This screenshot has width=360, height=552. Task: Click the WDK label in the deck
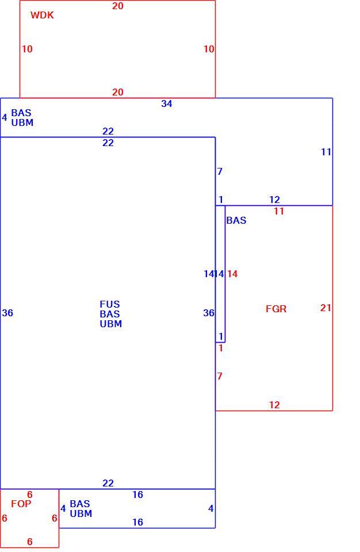[42, 15]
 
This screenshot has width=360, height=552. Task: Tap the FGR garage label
[276, 309]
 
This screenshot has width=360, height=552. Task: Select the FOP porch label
[21, 504]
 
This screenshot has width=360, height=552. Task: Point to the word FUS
[109, 304]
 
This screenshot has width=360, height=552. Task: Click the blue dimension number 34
[167, 103]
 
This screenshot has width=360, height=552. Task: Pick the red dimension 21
[326, 308]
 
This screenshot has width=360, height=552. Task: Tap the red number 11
[279, 211]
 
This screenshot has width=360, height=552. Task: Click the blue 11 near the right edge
[326, 152]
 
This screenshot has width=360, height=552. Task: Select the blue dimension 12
[274, 200]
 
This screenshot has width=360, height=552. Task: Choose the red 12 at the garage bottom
[274, 405]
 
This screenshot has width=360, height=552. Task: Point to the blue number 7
[220, 171]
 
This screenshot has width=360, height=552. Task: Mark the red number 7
[220, 376]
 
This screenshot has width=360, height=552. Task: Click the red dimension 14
[232, 274]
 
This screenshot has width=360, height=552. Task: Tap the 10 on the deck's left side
[27, 49]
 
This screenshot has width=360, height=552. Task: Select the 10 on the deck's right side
[209, 49]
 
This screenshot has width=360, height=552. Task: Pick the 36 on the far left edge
[7, 313]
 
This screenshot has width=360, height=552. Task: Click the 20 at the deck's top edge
[118, 6]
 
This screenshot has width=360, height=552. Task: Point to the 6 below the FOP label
[30, 542]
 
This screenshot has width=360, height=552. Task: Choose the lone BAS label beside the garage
[236, 220]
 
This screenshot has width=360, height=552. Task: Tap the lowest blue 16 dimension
[137, 522]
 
